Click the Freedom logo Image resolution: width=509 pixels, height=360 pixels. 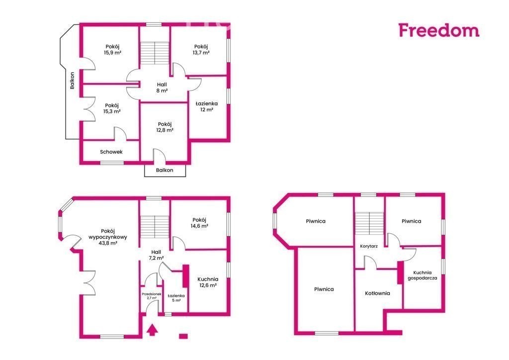click(x=439, y=30)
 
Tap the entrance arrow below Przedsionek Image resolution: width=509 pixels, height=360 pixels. click(x=152, y=330)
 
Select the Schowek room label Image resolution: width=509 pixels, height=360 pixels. click(x=111, y=152)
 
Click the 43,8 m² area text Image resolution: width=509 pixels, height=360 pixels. click(x=108, y=243)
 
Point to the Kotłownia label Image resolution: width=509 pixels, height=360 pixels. click(x=378, y=293)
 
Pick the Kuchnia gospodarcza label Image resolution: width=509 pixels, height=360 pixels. click(x=423, y=275)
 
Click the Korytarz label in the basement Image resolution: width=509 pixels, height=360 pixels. click(x=369, y=246)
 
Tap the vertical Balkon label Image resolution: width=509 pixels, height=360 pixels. click(x=72, y=81)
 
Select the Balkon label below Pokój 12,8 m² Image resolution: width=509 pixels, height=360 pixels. click(x=165, y=170)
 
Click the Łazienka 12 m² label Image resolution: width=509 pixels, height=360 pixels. click(x=207, y=106)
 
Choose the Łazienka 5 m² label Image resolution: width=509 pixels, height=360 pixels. click(x=176, y=298)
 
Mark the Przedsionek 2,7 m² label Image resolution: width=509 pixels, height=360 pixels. click(x=152, y=296)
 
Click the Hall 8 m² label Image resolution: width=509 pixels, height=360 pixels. click(x=162, y=88)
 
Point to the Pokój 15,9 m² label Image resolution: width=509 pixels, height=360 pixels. click(x=113, y=49)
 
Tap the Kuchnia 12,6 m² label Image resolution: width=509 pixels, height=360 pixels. click(x=208, y=282)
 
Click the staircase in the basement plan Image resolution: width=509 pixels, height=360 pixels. click(x=369, y=223)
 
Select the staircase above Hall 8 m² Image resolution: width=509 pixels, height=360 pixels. click(x=155, y=53)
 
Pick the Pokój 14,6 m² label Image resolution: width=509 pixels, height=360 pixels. click(x=199, y=223)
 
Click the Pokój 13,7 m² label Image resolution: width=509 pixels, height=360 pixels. click(x=201, y=49)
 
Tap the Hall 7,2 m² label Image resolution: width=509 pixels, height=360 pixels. click(x=156, y=255)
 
